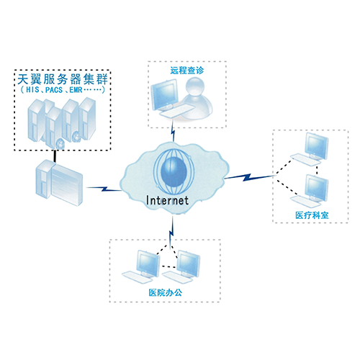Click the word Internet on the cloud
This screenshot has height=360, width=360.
tap(167, 201)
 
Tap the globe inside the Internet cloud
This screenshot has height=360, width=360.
tap(174, 171)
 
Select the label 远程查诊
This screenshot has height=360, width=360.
tap(187, 71)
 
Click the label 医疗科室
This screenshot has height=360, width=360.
tap(312, 215)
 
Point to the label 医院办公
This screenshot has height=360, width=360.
tap(166, 292)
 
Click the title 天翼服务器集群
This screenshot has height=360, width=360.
tap(63, 79)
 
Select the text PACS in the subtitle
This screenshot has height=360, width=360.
tap(54, 90)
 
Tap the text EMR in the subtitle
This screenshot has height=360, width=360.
tap(76, 90)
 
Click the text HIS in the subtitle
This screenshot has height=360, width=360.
tap(32, 90)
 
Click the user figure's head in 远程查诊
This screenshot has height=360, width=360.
tap(196, 86)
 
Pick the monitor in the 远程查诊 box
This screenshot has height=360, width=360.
tap(165, 94)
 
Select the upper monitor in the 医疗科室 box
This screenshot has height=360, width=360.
tap(316, 146)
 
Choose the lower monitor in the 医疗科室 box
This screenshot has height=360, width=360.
tap(316, 189)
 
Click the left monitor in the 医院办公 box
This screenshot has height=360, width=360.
tap(148, 264)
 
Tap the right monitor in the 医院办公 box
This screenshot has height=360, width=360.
tap(189, 264)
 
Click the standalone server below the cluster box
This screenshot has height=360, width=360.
tap(59, 183)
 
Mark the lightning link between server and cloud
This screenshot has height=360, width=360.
tap(104, 189)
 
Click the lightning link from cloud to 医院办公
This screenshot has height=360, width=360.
tap(171, 233)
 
